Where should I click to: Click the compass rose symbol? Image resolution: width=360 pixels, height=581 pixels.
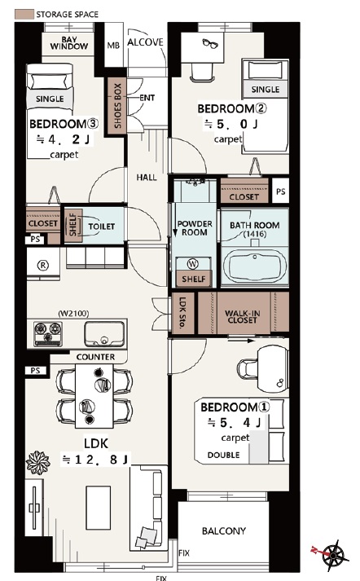tap(336, 555)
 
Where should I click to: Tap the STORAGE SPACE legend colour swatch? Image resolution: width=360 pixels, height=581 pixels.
tap(24, 15)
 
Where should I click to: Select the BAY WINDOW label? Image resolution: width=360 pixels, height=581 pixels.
tap(69, 43)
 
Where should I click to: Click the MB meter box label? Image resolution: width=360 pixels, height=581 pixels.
tap(113, 45)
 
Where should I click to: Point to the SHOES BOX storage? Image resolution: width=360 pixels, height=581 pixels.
tap(116, 107)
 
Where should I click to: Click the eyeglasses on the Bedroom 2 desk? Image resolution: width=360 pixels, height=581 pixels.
tap(210, 43)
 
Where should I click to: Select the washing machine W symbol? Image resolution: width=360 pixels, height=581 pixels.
tap(192, 264)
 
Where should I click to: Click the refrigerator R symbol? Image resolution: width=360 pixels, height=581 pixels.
tap(43, 265)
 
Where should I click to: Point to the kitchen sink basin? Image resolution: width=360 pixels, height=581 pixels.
tap(104, 333)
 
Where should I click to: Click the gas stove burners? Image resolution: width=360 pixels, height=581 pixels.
tap(48, 334)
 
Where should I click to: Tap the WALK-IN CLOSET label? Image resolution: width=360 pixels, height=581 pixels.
tap(243, 316)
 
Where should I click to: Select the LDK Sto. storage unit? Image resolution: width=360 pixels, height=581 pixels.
tap(183, 313)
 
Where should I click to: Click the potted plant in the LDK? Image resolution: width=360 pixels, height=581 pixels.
tap(37, 462)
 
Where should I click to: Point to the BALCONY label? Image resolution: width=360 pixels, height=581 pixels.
tap(224, 531)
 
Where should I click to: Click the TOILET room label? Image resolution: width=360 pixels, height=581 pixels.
tap(102, 226)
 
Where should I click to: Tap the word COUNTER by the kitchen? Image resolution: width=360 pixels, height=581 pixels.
tap(95, 357)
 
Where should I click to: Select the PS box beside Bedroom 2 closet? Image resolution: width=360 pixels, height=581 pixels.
tap(281, 191)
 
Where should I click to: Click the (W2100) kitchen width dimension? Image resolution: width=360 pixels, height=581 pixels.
tap(73, 314)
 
